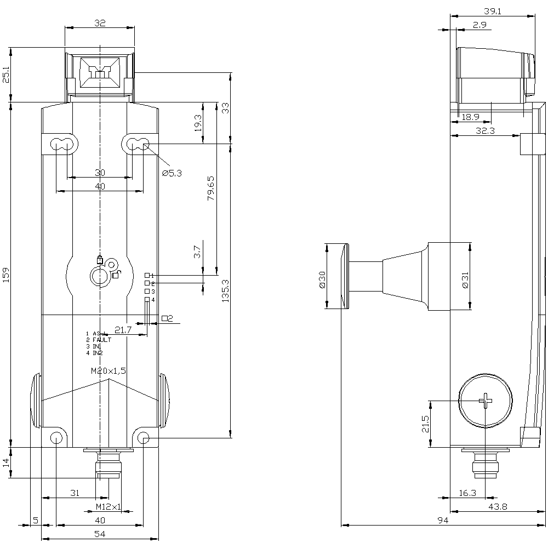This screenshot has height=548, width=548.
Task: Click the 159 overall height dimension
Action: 6,271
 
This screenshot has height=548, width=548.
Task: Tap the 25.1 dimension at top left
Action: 6,75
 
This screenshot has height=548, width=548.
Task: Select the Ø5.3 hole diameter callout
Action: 172,173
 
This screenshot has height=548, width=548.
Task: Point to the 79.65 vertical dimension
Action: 211,188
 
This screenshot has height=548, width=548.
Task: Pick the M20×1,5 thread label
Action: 109,371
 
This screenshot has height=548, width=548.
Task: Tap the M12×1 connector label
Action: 109,507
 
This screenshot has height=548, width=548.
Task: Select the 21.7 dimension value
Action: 123,330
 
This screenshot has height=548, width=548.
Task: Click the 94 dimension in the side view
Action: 443,520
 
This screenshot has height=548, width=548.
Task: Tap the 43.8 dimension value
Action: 497,507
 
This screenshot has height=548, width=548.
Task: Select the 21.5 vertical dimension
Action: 425,424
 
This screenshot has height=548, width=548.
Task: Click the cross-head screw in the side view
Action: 486,401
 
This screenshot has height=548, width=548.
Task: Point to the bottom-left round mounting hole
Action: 56,437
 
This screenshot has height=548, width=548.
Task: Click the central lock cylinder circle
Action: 100,276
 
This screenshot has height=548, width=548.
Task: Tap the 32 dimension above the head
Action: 99,23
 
